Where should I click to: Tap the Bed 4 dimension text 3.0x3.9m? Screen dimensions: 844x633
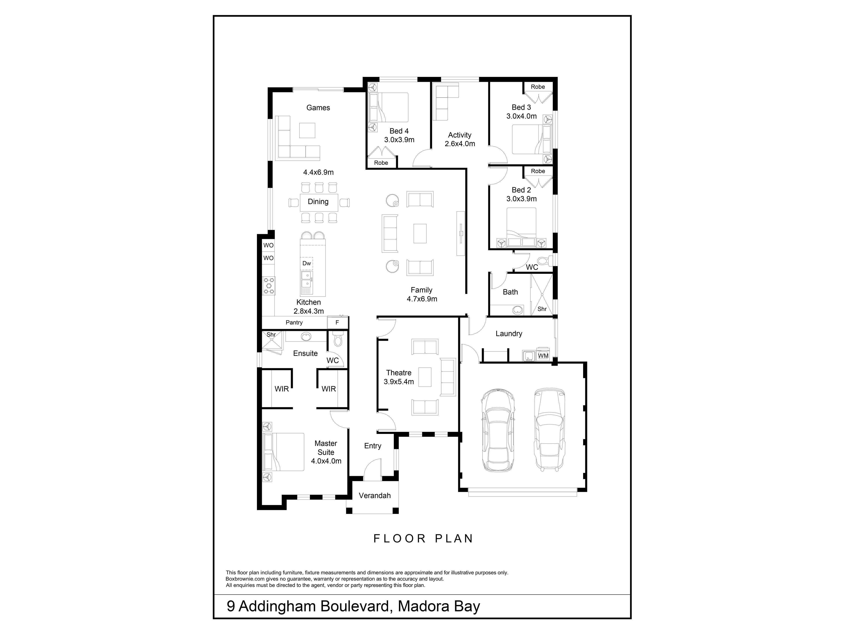click(399, 140)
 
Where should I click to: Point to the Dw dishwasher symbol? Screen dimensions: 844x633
click(307, 263)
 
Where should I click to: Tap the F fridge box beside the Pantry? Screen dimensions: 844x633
click(337, 322)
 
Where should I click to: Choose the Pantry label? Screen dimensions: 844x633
click(294, 322)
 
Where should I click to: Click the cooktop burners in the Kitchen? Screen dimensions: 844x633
click(269, 286)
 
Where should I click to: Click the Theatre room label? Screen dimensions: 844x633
click(399, 373)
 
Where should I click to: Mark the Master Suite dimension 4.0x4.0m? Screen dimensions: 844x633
click(326, 461)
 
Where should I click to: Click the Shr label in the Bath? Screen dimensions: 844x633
click(542, 309)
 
